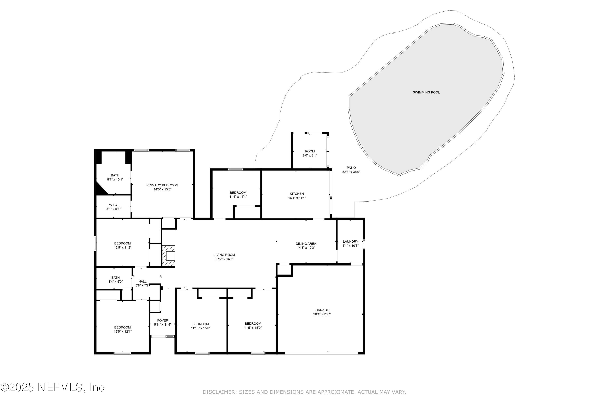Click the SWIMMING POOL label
click(x=426, y=92)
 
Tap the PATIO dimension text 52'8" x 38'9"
click(x=351, y=172)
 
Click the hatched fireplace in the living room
click(x=168, y=256)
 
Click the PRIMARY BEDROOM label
click(x=162, y=185)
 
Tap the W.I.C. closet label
click(x=113, y=205)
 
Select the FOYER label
click(x=163, y=320)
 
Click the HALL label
click(x=143, y=281)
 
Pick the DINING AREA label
click(x=306, y=244)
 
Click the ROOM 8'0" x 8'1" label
click(x=310, y=153)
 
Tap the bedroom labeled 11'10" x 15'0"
click(x=200, y=326)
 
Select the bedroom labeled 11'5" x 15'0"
click(x=253, y=325)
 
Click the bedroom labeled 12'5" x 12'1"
click(x=122, y=329)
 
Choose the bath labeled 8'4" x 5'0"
click(x=116, y=280)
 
